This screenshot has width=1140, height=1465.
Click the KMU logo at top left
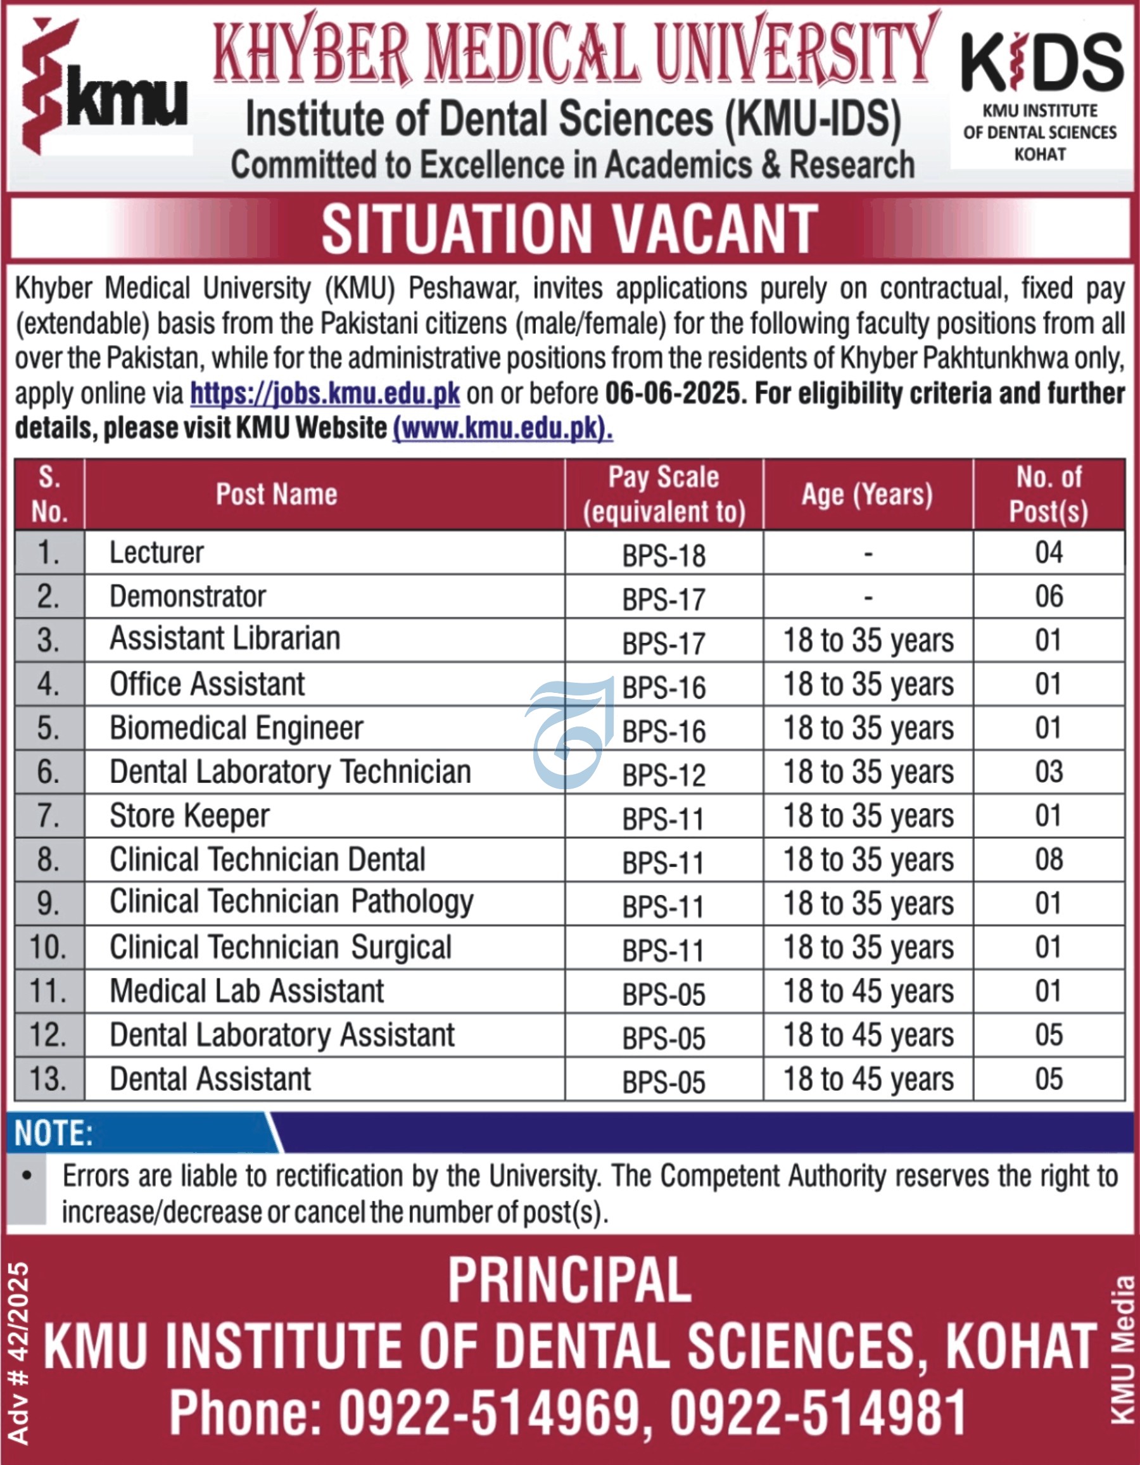104,87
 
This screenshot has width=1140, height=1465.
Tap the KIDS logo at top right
1041,94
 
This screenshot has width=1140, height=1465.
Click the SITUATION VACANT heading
569,229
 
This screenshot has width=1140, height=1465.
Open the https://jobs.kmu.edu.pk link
326,394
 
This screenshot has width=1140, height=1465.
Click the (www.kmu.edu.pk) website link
502,429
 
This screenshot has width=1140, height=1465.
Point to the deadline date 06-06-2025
674,394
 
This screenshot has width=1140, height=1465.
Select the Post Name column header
276,495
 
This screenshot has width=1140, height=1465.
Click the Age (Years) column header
867,495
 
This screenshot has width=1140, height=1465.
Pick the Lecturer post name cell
157,553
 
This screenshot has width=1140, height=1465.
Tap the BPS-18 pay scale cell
664,555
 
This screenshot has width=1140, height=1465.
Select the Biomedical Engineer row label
237,728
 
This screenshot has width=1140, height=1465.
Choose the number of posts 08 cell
1049,860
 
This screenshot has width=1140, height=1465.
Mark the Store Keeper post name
190,816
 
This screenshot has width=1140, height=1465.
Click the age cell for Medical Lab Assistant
868,992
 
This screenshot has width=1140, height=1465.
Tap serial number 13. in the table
48,1079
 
